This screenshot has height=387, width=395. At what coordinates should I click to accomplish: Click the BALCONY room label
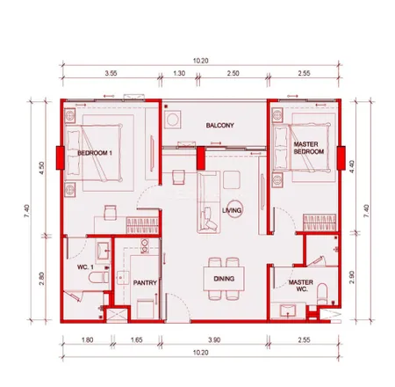219,126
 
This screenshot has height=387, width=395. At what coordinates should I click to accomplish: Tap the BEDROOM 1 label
95,153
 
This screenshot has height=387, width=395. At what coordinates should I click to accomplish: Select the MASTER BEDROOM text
309,148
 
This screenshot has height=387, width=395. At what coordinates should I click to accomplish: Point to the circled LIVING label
232,210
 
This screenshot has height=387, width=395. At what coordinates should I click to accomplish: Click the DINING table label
224,279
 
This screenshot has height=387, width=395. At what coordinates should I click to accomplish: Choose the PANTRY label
145,283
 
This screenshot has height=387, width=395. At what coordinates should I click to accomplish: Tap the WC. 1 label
85,267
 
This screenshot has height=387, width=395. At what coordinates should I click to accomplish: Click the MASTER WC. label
301,286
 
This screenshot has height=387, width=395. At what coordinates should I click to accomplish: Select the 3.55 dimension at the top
111,73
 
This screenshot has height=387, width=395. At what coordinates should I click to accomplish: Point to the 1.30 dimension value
179,73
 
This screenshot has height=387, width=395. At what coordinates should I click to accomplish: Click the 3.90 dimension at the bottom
214,340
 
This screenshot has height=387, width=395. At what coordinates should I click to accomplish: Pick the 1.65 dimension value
137,340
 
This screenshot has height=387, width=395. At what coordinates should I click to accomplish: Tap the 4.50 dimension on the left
42,168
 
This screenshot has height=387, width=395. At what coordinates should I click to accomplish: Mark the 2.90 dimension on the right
352,277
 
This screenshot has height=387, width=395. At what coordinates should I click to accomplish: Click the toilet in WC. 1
99,277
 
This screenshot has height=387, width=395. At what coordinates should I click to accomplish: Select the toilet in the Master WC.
322,294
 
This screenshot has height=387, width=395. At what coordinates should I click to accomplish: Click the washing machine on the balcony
172,120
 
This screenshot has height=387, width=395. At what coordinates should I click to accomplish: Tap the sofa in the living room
209,202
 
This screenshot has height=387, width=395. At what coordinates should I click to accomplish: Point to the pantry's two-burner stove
145,245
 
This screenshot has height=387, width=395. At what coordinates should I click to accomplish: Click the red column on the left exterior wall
61,158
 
